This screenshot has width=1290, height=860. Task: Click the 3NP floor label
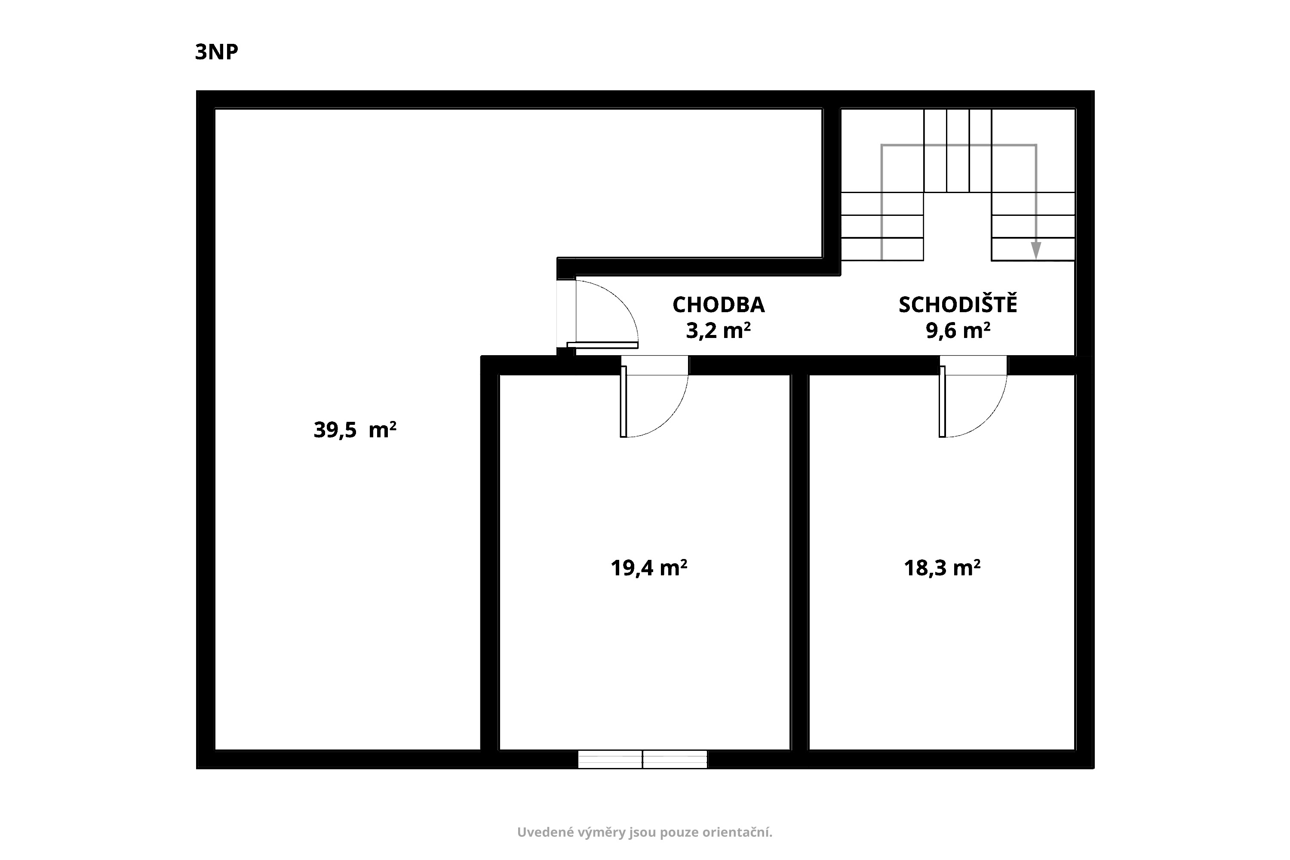click(x=217, y=52)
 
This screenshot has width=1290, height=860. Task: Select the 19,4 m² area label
click(x=649, y=568)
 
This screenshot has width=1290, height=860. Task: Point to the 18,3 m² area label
click(x=942, y=568)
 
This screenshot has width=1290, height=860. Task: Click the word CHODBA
click(x=719, y=305)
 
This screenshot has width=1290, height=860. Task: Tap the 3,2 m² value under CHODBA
click(x=719, y=331)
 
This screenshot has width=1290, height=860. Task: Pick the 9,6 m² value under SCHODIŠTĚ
click(x=958, y=331)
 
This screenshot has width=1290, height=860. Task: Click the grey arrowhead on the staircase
click(x=1035, y=250)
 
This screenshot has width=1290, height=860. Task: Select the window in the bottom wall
click(x=642, y=759)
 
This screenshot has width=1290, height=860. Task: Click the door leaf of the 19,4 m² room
click(x=623, y=402)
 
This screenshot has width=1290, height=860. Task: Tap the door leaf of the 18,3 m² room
click(x=942, y=402)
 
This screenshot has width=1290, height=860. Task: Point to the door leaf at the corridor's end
click(x=602, y=345)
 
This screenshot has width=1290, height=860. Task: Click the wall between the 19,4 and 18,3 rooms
click(x=800, y=562)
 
